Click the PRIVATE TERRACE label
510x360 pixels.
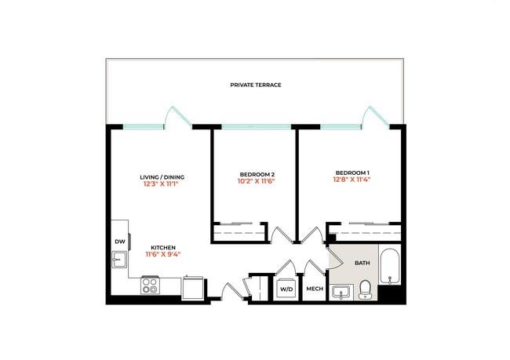click(256, 85)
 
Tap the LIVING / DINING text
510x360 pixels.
click(162, 176)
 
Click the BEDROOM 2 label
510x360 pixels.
click(257, 173)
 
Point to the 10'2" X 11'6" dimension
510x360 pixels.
click(257, 181)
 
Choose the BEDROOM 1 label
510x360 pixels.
click(352, 173)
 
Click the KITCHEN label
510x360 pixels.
click(163, 246)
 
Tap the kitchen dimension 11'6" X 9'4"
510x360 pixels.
click(163, 254)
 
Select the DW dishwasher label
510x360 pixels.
click(120, 242)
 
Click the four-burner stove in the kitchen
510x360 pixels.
click(150, 286)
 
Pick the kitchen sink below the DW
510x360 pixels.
click(118, 260)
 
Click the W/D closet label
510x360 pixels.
click(286, 289)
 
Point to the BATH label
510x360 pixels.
click(362, 264)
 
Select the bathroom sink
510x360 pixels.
click(341, 293)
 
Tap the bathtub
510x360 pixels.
click(389, 267)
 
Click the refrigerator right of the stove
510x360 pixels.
click(192, 288)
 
